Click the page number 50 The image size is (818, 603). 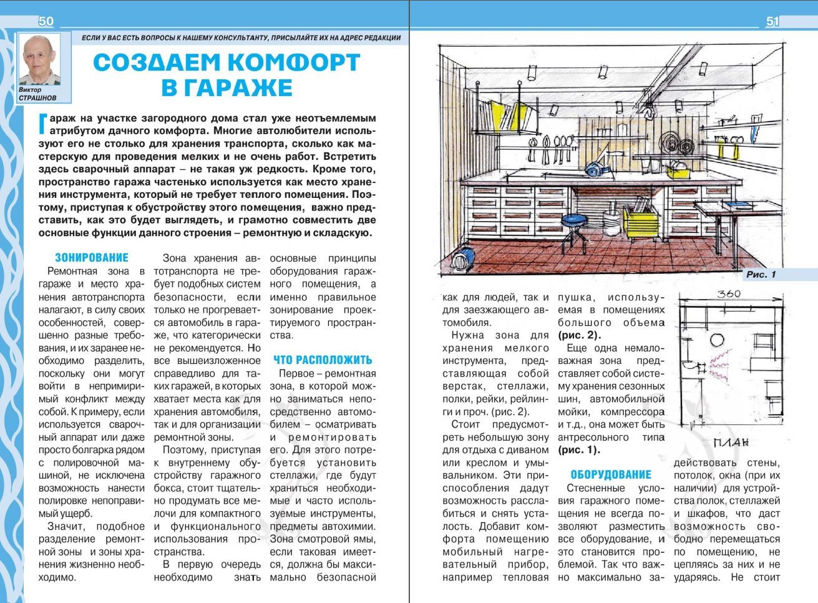(46, 21)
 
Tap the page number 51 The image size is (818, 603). (772, 22)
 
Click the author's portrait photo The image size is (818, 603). (40, 59)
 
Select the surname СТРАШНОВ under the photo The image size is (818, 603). (37, 98)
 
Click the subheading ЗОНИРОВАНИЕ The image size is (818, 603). (92, 258)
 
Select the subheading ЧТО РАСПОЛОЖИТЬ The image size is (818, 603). (323, 360)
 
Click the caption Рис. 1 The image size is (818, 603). (761, 275)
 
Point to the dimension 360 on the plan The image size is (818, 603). (728, 294)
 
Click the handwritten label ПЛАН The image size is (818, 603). (730, 444)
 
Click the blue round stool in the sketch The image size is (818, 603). (575, 220)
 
